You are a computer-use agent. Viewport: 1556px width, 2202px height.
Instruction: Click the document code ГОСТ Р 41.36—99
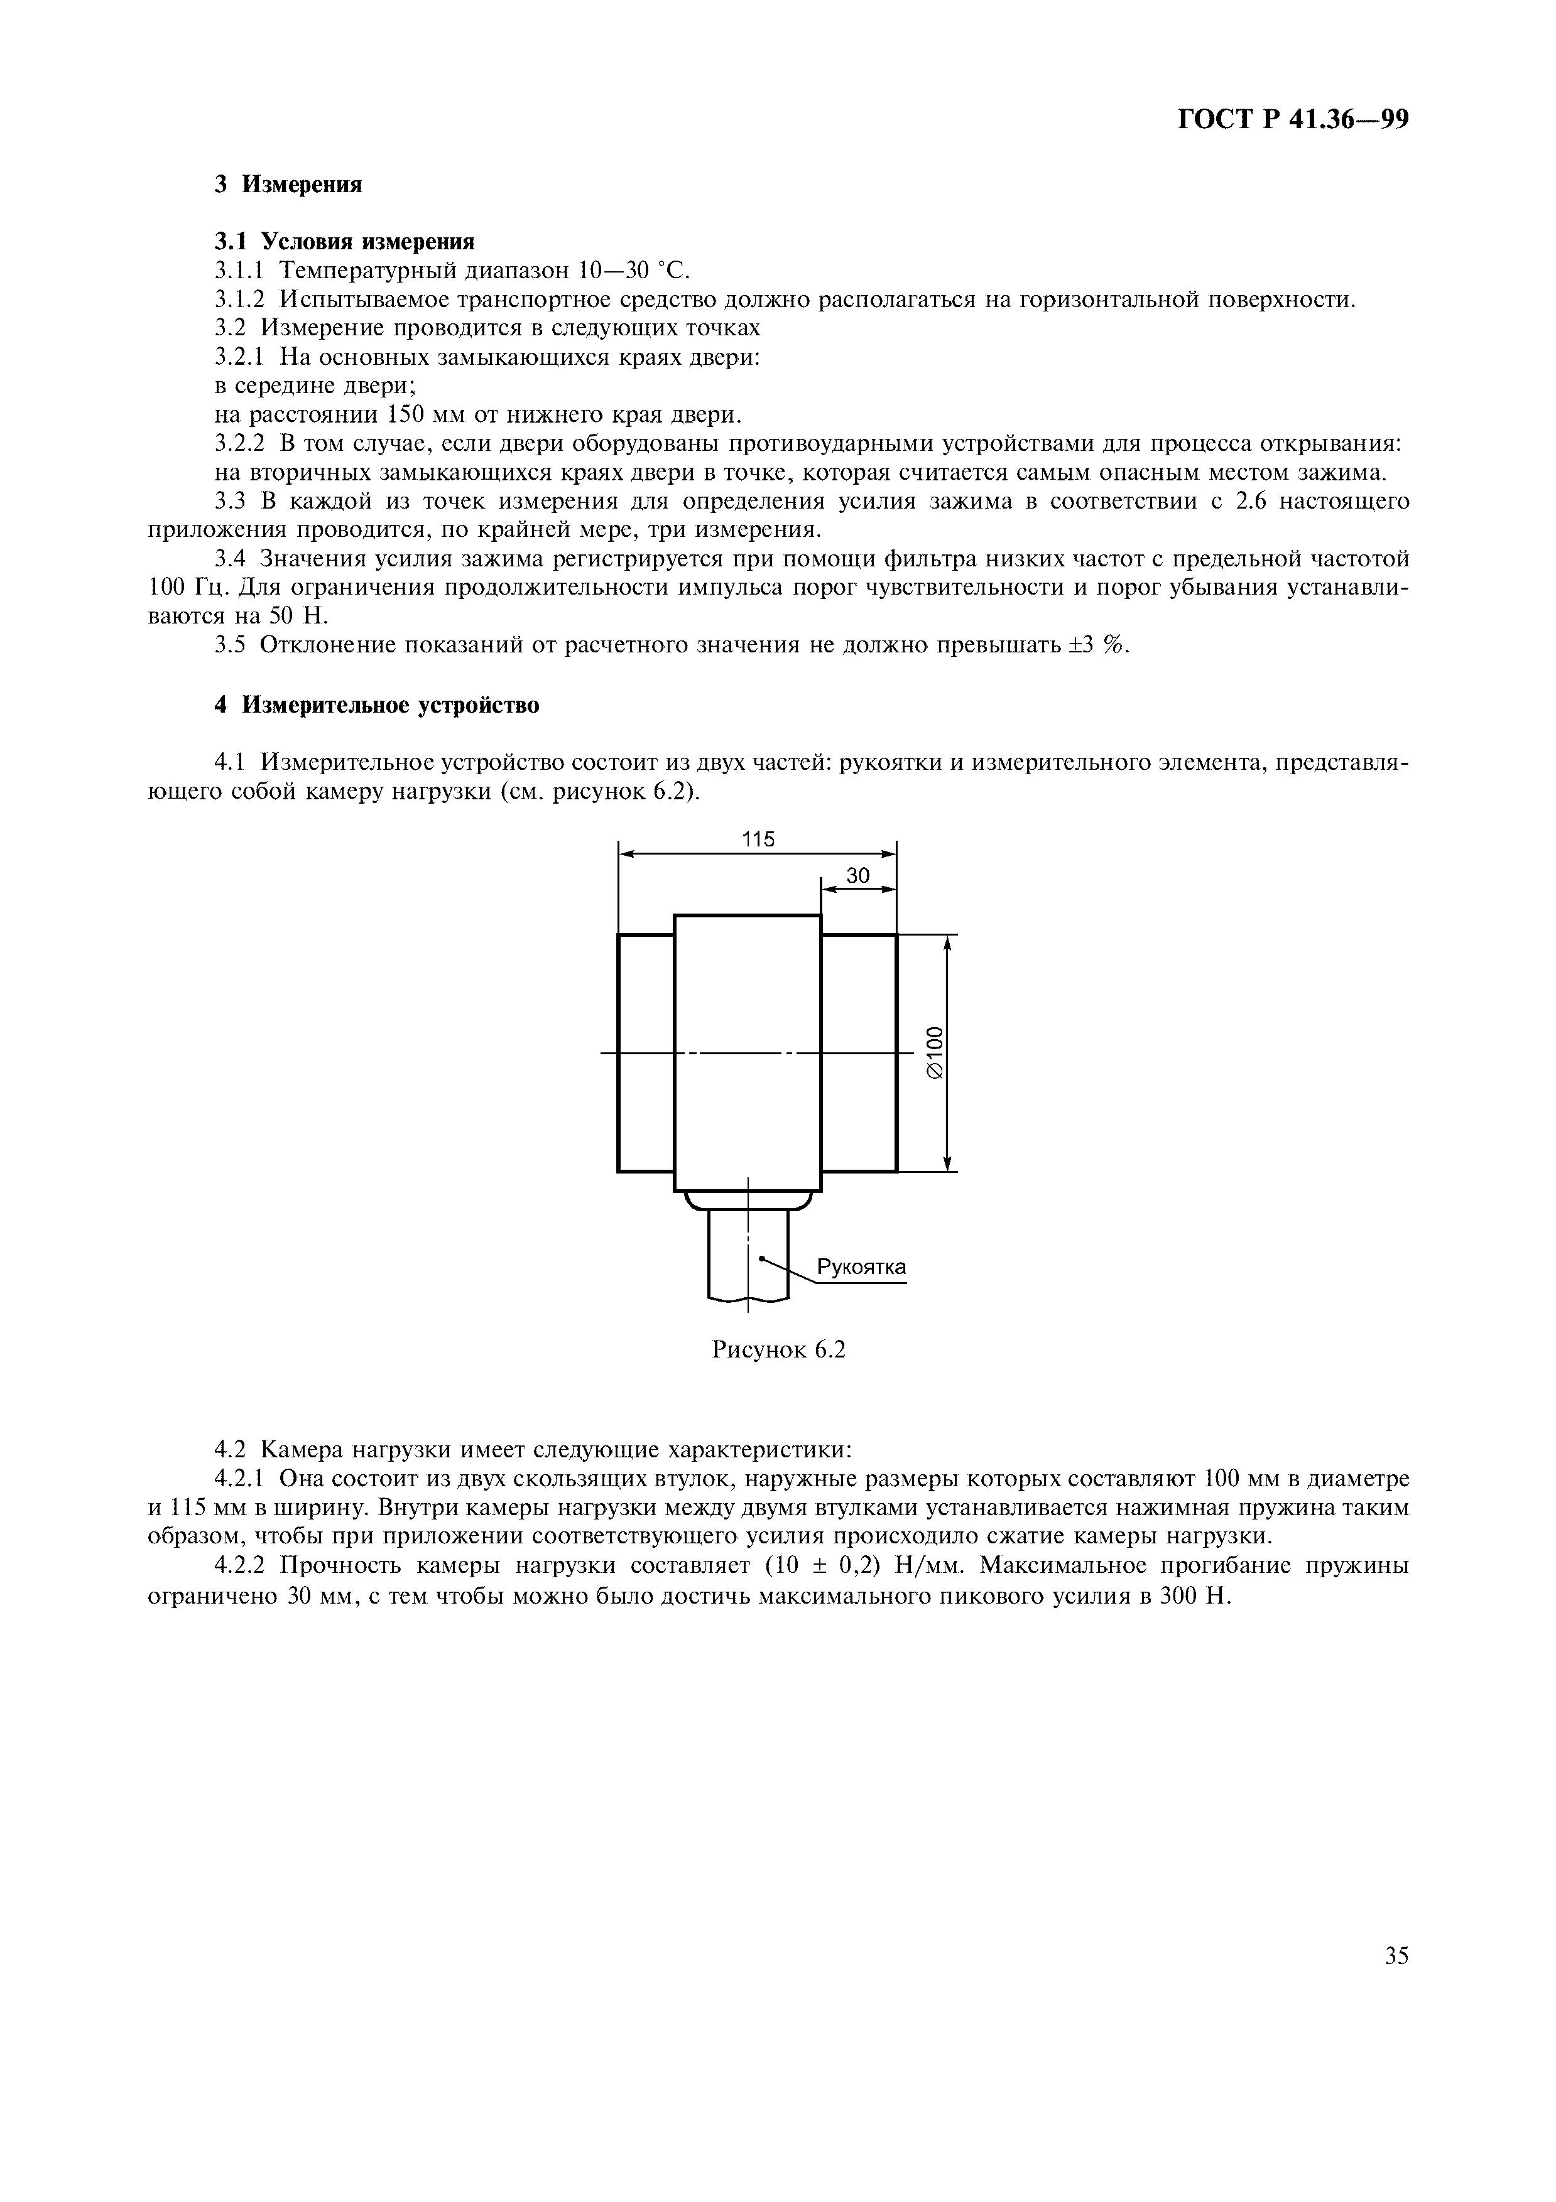pos(1292,119)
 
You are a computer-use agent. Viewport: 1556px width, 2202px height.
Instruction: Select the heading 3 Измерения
pos(288,185)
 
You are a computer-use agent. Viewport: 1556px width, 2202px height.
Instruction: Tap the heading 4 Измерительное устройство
pos(376,706)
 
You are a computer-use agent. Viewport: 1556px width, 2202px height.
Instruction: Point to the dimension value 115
pos(758,839)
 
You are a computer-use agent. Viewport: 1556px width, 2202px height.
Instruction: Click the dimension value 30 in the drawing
pos(857,875)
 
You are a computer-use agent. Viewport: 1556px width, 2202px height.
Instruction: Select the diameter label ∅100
pos(935,1053)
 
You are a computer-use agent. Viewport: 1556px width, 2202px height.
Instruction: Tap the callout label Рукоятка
pos(861,1268)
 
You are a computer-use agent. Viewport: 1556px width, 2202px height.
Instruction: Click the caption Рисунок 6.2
pos(778,1351)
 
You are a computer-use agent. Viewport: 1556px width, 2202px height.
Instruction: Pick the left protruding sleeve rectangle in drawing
pos(646,1053)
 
